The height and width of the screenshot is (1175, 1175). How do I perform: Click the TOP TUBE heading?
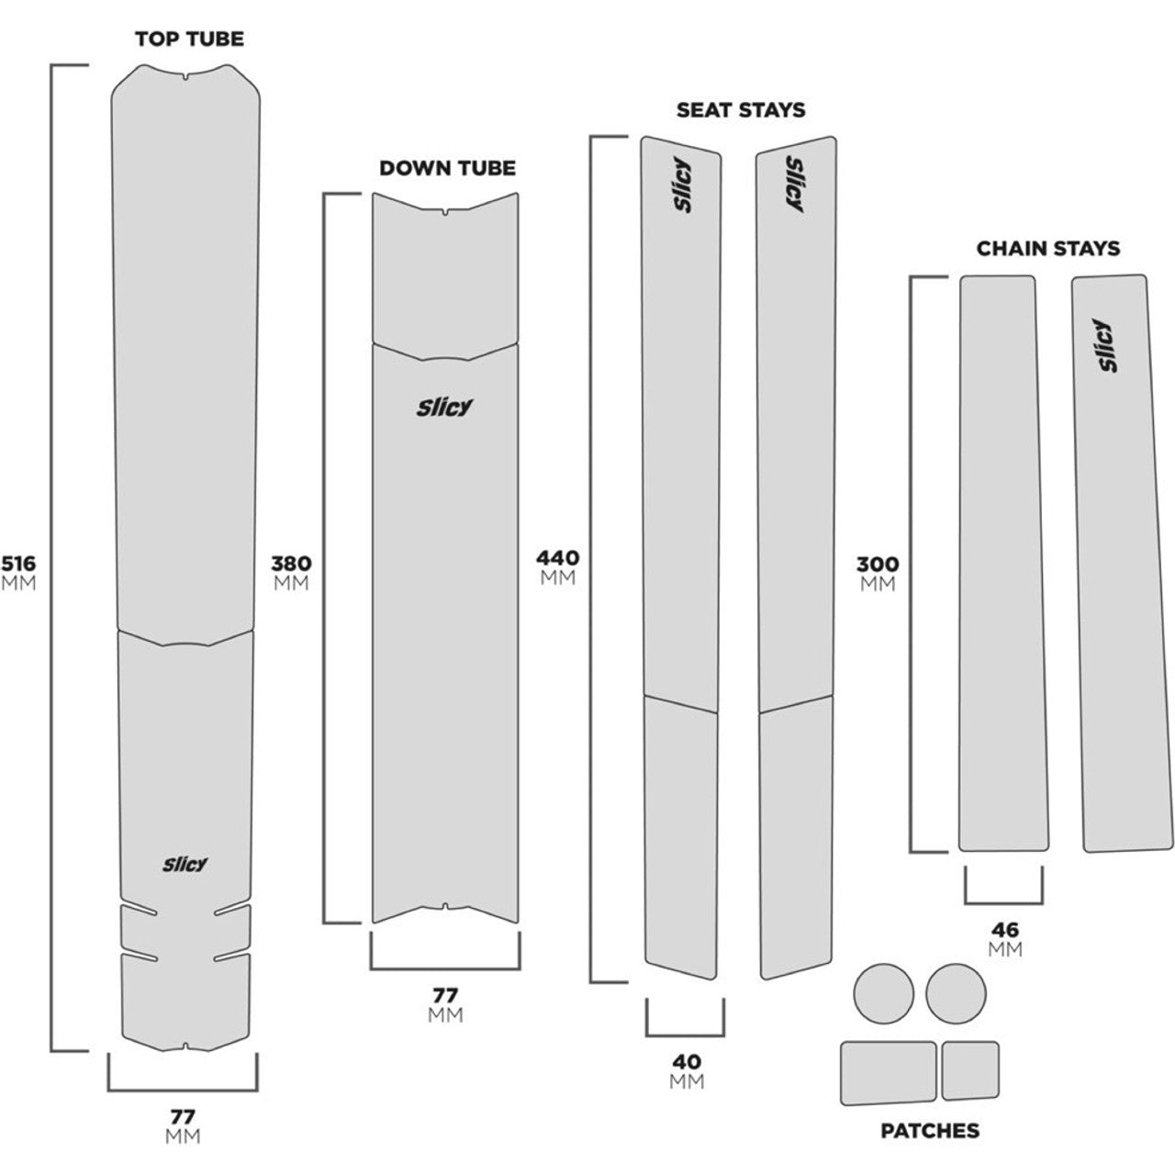(x=189, y=39)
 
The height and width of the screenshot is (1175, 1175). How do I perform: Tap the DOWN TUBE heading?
(x=447, y=168)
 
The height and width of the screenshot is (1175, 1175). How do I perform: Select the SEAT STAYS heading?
(x=740, y=110)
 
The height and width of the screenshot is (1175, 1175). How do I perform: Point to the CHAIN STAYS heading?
(x=1047, y=248)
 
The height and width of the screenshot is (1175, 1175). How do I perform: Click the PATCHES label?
(x=929, y=1131)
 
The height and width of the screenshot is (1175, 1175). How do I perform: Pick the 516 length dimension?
(x=18, y=563)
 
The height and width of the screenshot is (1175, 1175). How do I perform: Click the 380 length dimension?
(x=291, y=563)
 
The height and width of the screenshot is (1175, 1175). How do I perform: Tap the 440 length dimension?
(x=557, y=558)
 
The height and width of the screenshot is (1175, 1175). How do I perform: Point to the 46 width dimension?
(x=1005, y=930)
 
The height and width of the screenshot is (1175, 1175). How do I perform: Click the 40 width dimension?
(x=686, y=1062)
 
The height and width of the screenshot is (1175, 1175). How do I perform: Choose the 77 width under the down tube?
(x=445, y=995)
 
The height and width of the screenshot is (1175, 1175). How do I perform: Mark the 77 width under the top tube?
(x=183, y=1117)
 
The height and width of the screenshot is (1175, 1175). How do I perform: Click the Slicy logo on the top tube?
(x=185, y=864)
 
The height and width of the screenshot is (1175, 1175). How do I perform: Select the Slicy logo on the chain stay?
(x=1109, y=345)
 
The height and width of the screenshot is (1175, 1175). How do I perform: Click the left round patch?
(x=884, y=993)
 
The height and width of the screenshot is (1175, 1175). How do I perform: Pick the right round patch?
(x=956, y=993)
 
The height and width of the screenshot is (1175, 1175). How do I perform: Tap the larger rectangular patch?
(x=888, y=1071)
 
